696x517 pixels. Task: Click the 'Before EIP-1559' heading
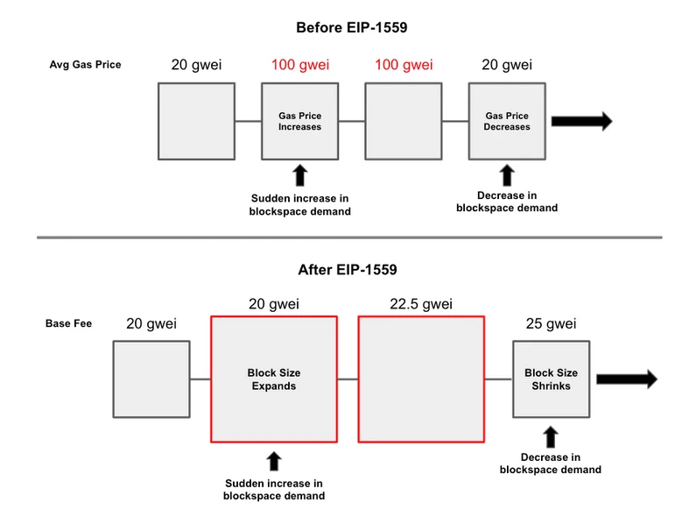point(352,27)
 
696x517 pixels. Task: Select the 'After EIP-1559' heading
point(347,270)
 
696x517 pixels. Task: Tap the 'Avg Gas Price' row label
point(85,64)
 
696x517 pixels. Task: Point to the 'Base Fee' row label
point(68,323)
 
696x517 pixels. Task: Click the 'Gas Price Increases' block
point(300,121)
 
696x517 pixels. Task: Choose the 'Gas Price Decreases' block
point(507,121)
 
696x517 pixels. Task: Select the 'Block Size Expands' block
point(274,379)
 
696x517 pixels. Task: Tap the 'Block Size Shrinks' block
point(552,379)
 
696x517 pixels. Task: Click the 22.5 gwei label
point(421,304)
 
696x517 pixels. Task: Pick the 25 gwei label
point(552,323)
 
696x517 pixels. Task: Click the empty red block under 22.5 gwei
point(421,379)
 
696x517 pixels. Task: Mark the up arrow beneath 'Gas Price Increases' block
point(300,175)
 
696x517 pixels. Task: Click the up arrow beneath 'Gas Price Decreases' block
point(507,175)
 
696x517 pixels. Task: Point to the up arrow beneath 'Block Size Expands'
point(274,461)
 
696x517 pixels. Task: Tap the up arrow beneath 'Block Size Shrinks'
point(551,436)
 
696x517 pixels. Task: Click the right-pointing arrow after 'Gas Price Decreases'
point(582,121)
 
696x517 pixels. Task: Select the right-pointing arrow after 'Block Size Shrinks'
point(627,379)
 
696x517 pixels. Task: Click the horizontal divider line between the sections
point(349,237)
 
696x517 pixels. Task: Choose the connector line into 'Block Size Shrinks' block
point(499,379)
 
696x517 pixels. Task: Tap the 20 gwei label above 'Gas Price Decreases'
point(507,65)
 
